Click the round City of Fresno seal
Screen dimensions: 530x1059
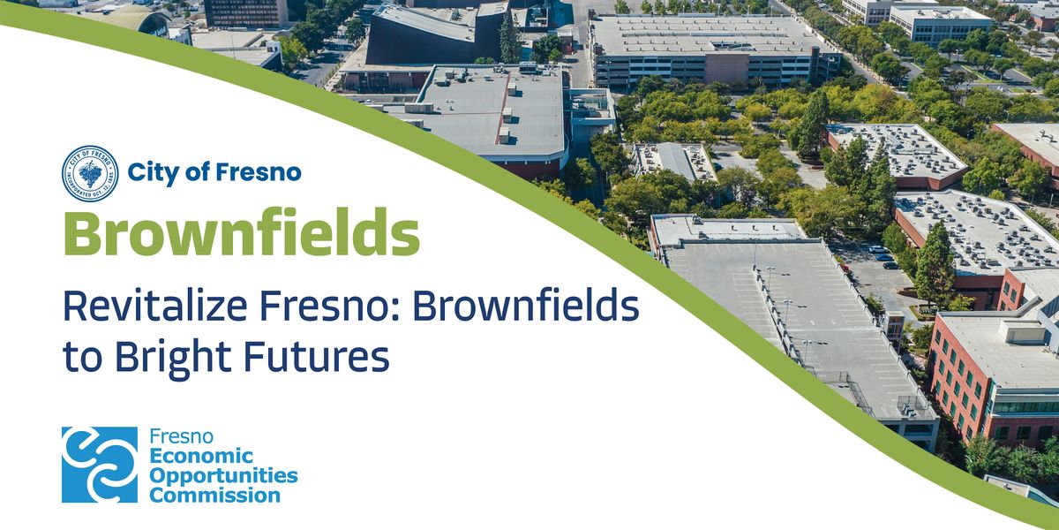click(x=89, y=174)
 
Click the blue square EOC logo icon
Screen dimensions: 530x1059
click(x=100, y=465)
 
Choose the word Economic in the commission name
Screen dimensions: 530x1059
click(x=201, y=457)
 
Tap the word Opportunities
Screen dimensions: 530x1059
click(x=223, y=476)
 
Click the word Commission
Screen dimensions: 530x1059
click(x=214, y=495)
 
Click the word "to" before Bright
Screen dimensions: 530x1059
click(x=77, y=358)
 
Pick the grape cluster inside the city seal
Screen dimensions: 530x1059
click(x=89, y=173)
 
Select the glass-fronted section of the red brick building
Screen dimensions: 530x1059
click(x=1024, y=404)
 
